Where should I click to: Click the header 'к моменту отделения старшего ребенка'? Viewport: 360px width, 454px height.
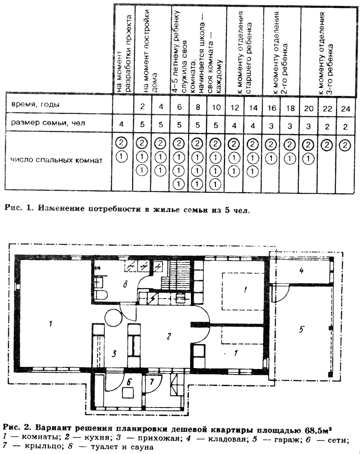point(244,51)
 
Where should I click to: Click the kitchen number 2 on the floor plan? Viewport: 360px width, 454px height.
point(168,336)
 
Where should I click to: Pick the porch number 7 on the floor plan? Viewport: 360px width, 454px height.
point(154,382)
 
